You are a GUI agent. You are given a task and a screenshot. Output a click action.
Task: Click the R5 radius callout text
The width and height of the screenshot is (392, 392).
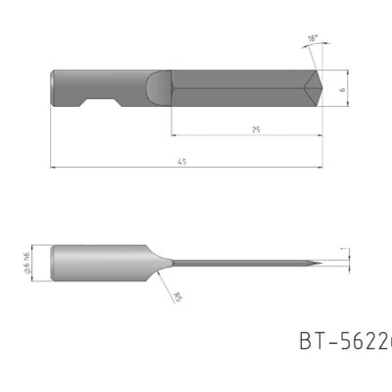(176, 297)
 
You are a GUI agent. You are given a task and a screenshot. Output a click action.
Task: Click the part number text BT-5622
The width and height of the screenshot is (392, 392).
(344, 340)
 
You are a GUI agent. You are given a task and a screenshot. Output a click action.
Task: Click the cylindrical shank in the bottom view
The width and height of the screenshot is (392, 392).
(98, 263)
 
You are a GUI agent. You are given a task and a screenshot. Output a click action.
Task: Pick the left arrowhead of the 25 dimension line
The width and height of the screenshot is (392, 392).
(173, 134)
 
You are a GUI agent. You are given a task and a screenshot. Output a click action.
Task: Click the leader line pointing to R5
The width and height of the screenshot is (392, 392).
(165, 285)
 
